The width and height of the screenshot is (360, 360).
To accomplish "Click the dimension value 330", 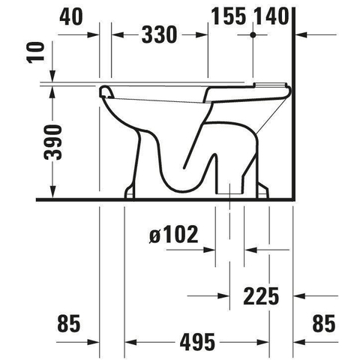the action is tap(160, 34).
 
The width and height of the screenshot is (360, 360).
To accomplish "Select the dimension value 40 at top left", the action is tap(71, 16).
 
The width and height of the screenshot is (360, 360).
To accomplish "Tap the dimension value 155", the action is tap(229, 16).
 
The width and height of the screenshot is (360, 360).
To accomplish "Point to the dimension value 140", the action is tap(271, 16).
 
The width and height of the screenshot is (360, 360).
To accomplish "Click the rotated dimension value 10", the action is tap(35, 52).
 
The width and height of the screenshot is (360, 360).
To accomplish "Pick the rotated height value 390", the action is tap(52, 142).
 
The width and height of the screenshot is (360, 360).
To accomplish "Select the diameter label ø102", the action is tap(174, 234).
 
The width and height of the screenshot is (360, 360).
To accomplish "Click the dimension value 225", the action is tap(261, 296).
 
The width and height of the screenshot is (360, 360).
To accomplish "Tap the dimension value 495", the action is tap(197, 342).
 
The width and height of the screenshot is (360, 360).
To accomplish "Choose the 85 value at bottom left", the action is tap(69, 323).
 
